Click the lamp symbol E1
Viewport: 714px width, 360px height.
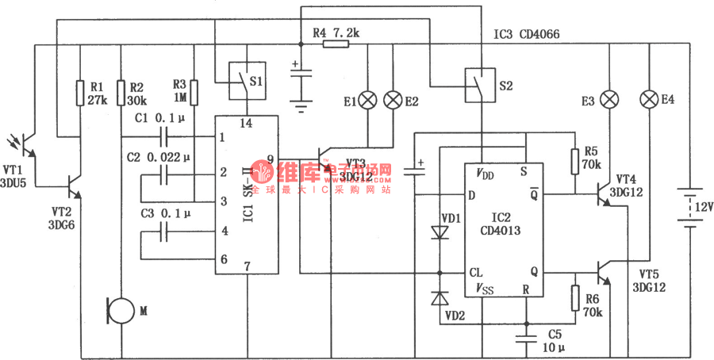pyautogui.click(x=368, y=101)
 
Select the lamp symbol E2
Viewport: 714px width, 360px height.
pyautogui.click(x=393, y=101)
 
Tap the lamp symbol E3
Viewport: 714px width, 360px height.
pyautogui.click(x=608, y=101)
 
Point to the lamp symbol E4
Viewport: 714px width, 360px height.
pyautogui.click(x=649, y=101)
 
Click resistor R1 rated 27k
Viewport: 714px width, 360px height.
pyautogui.click(x=80, y=93)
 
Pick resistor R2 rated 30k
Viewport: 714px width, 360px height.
pyautogui.click(x=121, y=93)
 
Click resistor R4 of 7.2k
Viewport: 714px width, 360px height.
pyautogui.click(x=336, y=45)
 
